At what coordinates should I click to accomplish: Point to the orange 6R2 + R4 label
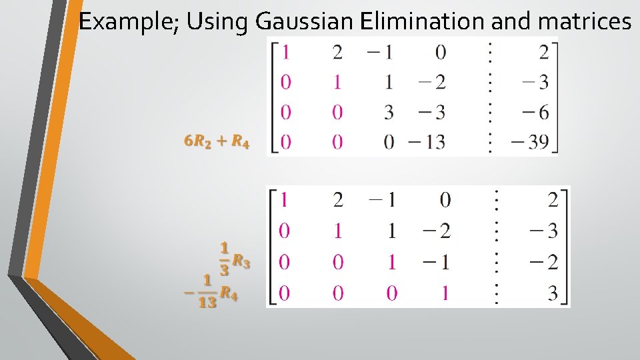click(x=217, y=142)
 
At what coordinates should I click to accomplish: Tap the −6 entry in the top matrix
click(x=535, y=112)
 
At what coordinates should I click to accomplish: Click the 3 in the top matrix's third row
click(x=389, y=112)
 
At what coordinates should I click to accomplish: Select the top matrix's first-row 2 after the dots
click(x=544, y=52)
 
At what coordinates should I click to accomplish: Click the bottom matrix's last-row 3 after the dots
click(x=553, y=293)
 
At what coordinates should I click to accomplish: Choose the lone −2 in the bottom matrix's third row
click(x=543, y=262)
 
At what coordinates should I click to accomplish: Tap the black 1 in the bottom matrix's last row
click(x=445, y=293)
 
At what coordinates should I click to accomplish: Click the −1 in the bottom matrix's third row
click(x=437, y=262)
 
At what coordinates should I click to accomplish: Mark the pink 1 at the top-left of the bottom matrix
click(x=285, y=199)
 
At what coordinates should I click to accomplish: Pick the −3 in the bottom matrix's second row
click(x=543, y=231)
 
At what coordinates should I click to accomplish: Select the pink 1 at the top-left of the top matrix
click(x=286, y=52)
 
